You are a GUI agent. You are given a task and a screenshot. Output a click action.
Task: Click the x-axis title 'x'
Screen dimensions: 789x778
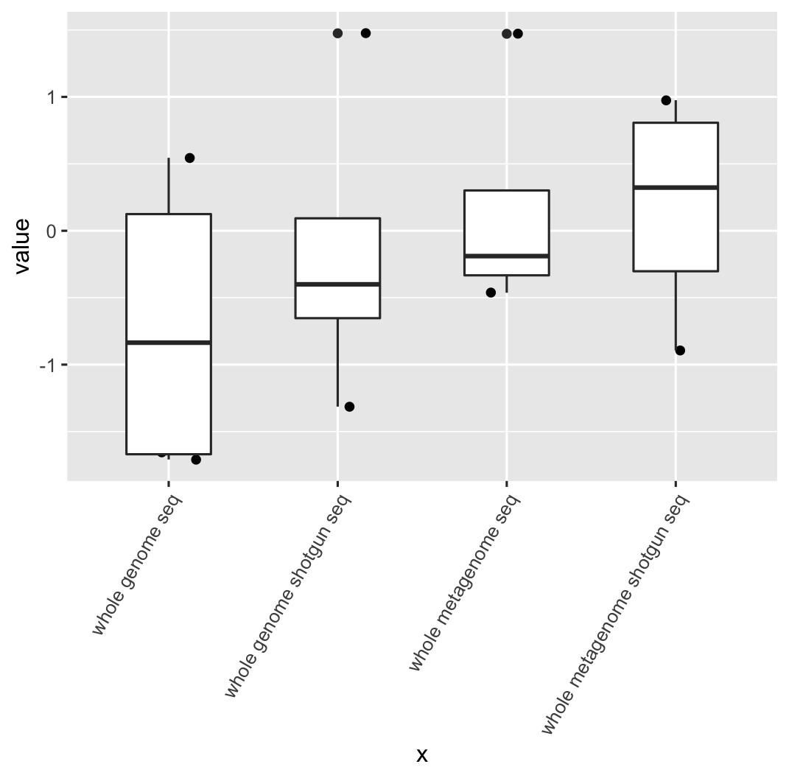pyautogui.click(x=421, y=755)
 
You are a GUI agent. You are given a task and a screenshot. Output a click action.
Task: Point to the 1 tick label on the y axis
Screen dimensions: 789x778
pyautogui.click(x=52, y=97)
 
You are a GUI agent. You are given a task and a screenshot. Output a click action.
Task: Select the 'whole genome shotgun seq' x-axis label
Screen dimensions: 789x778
pyautogui.click(x=287, y=596)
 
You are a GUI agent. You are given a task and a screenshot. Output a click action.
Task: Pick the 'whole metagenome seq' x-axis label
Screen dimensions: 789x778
pyautogui.click(x=464, y=583)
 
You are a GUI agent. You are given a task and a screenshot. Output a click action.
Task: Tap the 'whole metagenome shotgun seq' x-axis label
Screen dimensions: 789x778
pyautogui.click(x=614, y=614)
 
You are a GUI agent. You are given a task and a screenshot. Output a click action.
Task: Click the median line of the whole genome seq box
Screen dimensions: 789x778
pyautogui.click(x=169, y=343)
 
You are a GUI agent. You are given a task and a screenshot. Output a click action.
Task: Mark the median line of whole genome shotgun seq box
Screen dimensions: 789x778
pyautogui.click(x=337, y=284)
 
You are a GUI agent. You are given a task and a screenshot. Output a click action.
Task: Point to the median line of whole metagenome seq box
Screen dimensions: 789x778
pyautogui.click(x=507, y=256)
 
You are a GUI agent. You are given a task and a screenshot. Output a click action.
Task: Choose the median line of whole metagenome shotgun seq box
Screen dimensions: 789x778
pyautogui.click(x=676, y=187)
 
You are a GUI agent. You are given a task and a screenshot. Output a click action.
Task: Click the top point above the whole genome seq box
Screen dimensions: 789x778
pyautogui.click(x=190, y=158)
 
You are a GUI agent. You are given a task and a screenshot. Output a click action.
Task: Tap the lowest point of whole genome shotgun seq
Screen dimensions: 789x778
pyautogui.click(x=349, y=407)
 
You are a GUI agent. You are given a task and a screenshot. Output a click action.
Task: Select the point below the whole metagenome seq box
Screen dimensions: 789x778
pyautogui.click(x=491, y=292)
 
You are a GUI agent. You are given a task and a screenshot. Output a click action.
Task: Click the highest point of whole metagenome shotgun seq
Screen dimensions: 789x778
pyautogui.click(x=666, y=100)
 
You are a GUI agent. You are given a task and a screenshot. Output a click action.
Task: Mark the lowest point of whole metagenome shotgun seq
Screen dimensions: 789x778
pyautogui.click(x=680, y=350)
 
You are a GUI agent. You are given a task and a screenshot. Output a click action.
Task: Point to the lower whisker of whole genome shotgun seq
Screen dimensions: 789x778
pyautogui.click(x=337, y=362)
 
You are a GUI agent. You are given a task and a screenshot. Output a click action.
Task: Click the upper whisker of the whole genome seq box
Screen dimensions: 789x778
pyautogui.click(x=169, y=186)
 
